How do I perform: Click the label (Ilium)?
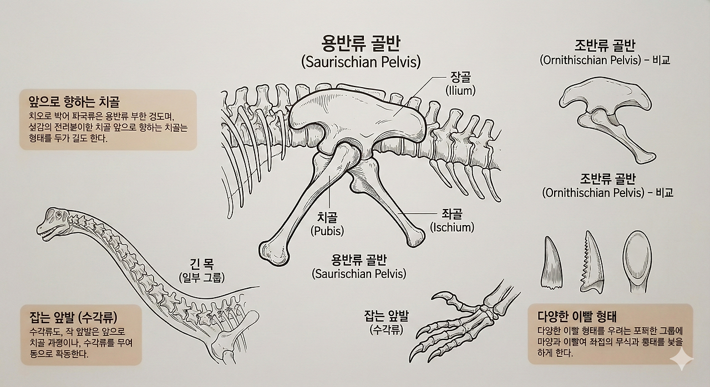(460, 90)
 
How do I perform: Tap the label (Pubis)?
(327, 231)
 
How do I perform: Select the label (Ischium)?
(453, 227)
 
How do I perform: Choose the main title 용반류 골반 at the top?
(361, 43)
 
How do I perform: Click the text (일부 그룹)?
(201, 278)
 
